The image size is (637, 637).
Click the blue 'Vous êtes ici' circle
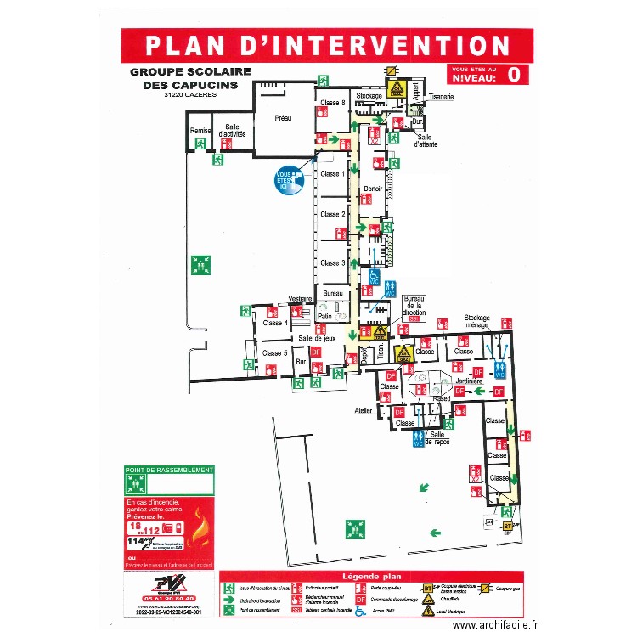coord(288,179)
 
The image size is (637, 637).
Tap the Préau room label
coord(283,119)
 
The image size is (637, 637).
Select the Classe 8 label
coord(332,103)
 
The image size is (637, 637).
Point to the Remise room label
coord(200,131)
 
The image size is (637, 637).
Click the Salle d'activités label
coord(232,130)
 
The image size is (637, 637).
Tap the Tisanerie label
coord(442,97)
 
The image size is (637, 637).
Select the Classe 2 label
coord(332,214)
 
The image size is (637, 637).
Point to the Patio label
coord(324,316)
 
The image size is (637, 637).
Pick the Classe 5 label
coord(274,352)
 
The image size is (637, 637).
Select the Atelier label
coord(364,411)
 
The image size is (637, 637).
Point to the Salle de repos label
coord(443,439)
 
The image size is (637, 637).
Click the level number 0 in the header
coord(513,74)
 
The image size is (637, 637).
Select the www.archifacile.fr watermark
coord(495,624)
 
